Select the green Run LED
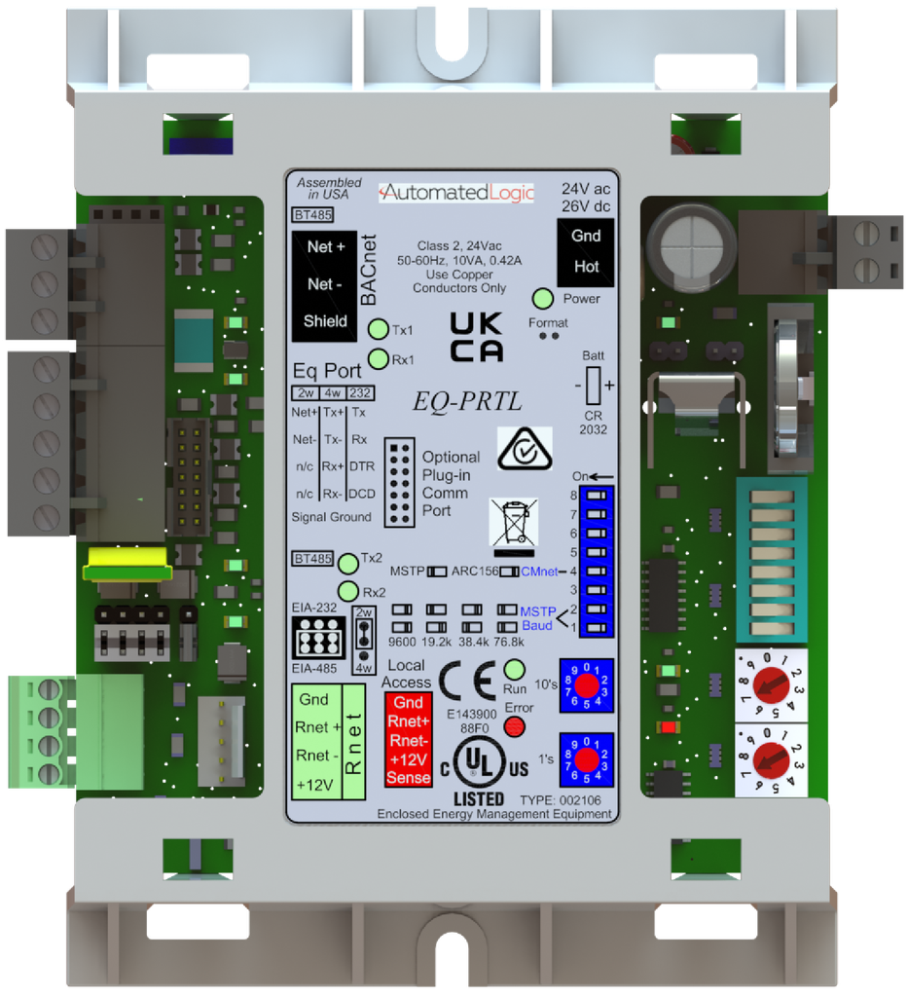click(515, 670)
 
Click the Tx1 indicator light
click(380, 329)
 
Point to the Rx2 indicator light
click(347, 591)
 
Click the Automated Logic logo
click(456, 192)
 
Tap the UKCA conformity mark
click(477, 338)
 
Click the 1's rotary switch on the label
click(586, 759)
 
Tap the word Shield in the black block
click(325, 321)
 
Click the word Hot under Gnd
click(586, 267)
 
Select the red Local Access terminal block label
click(409, 740)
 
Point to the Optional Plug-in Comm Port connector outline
click(400, 482)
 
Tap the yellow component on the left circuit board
click(127, 564)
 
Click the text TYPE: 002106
click(562, 800)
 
